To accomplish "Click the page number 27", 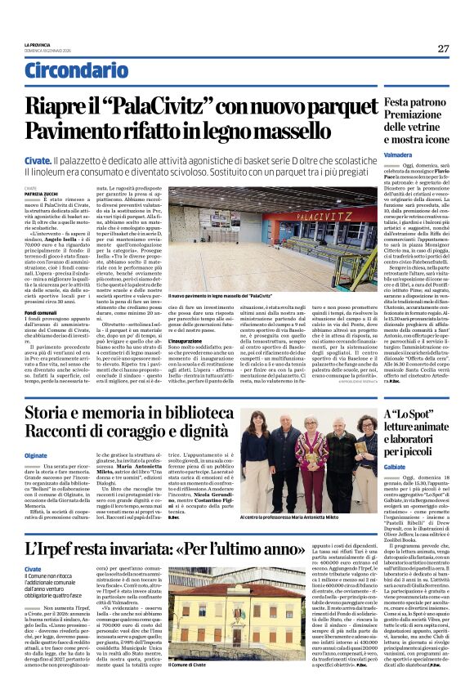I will (x=442, y=48).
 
